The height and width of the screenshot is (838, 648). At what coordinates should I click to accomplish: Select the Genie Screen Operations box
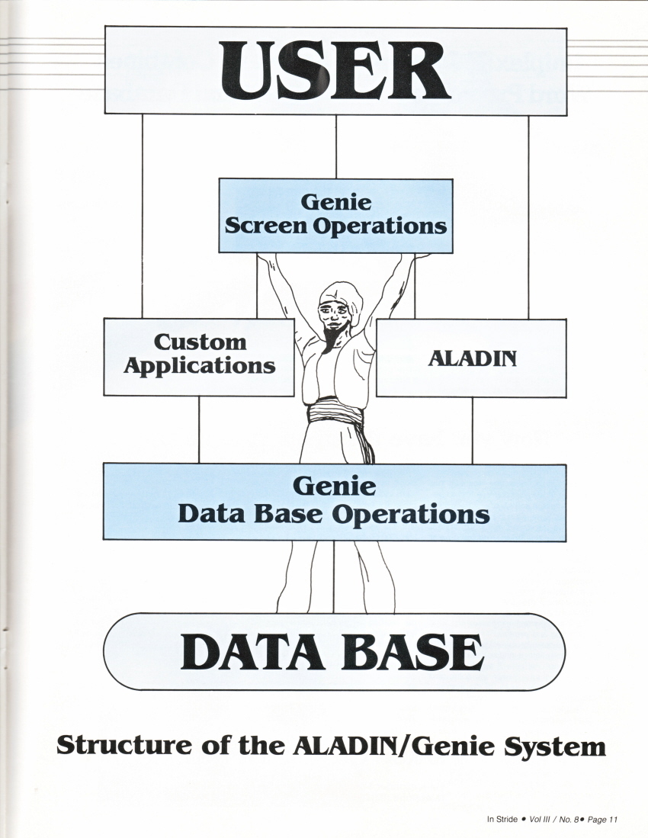click(335, 215)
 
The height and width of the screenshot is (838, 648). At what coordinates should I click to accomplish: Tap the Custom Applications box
click(199, 356)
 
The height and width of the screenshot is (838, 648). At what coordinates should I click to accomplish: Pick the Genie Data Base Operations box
click(334, 501)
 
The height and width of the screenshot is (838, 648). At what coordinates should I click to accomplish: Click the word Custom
click(200, 342)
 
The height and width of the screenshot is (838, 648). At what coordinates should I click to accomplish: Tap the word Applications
click(199, 365)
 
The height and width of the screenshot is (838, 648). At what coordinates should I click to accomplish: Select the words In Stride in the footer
click(502, 820)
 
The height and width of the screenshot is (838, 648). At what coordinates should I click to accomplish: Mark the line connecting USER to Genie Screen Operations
click(336, 146)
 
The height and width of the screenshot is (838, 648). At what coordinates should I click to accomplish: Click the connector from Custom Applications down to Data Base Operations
click(199, 429)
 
